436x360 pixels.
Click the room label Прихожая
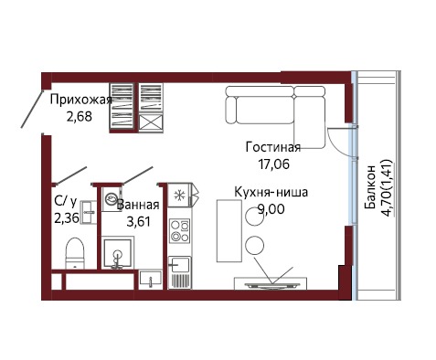81,101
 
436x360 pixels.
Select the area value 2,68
80,116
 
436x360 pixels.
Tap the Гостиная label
273,147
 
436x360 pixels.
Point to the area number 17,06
274,164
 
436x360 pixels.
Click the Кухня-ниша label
271,193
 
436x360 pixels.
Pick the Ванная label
138,205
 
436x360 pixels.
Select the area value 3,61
139,221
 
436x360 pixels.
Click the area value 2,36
67,218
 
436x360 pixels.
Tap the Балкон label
370,187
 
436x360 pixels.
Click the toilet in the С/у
75,253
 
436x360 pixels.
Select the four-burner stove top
180,230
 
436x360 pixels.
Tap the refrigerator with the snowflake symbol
180,195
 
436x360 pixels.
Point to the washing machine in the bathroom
111,199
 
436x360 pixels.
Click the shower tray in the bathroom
117,254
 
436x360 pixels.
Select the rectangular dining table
229,230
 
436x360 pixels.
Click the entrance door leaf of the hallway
32,108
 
